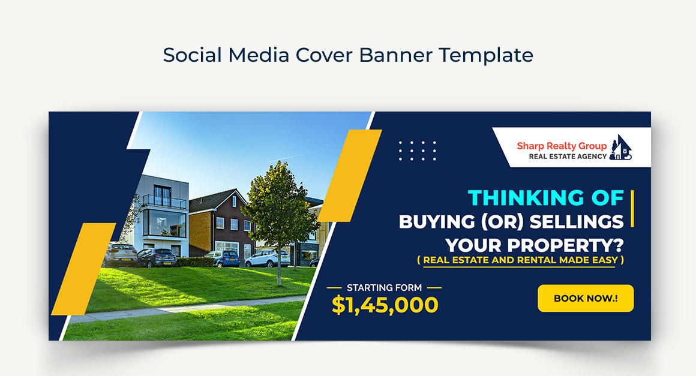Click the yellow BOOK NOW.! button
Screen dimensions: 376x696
(x=585, y=298)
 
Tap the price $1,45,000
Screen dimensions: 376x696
(x=385, y=305)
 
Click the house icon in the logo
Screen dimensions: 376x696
(x=621, y=148)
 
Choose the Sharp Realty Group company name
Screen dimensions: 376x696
(x=562, y=146)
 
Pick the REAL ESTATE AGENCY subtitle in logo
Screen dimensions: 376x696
(x=567, y=157)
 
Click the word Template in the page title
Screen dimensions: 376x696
(x=486, y=55)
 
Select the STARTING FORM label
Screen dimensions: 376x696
(x=384, y=288)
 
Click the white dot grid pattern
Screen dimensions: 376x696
(x=418, y=151)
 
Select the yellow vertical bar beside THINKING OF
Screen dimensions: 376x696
(x=632, y=209)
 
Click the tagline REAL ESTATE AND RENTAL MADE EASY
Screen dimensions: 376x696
(x=520, y=260)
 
